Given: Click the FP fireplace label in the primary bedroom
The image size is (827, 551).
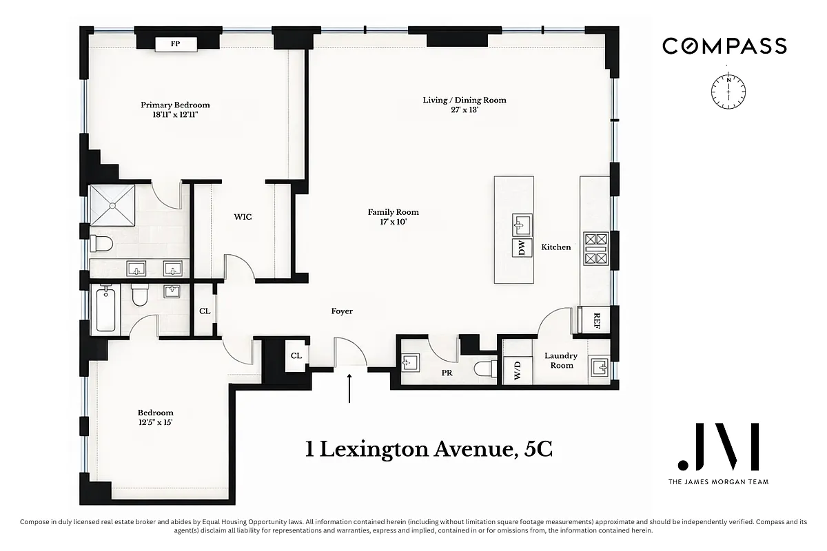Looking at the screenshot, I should coord(176,44).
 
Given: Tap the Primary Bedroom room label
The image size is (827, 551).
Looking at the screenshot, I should coord(175,105).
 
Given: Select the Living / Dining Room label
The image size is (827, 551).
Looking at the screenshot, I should coord(464,100).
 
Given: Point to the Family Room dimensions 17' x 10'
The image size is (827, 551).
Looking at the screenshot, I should coord(393,222).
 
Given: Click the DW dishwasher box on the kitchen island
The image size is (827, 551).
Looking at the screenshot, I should coord(522,248).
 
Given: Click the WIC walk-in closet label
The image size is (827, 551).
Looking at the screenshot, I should coord(243,217).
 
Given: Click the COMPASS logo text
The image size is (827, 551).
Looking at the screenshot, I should coord(724,46).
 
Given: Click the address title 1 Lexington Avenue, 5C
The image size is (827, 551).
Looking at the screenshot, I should coord(429,450).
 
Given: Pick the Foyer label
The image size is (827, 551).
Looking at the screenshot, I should coord(342,311).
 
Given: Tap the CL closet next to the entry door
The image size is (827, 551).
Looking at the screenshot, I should coord(296,356).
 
